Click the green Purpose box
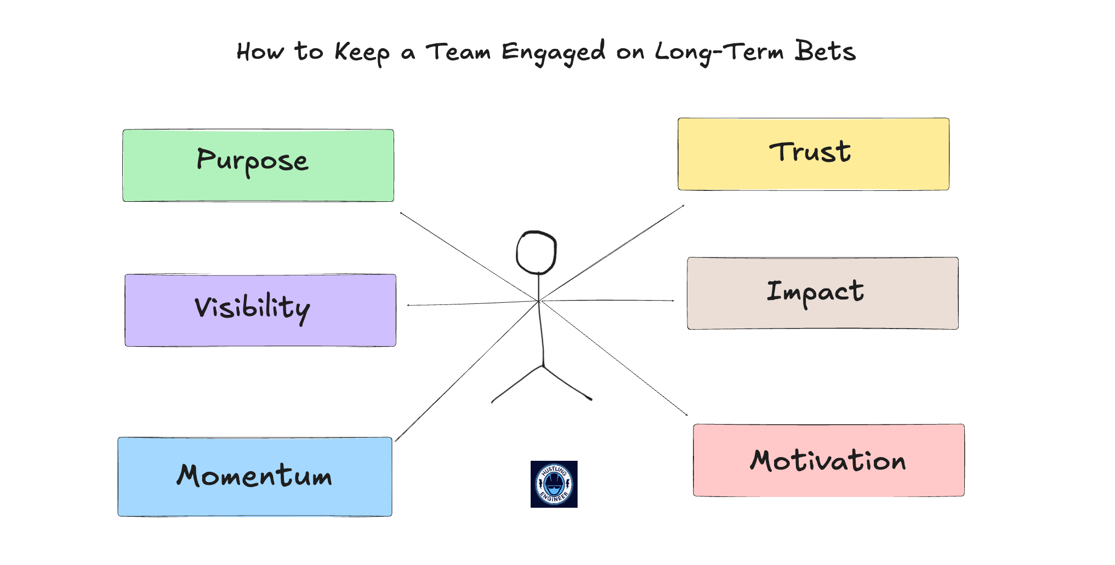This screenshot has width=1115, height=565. point(258,166)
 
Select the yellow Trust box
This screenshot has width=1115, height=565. point(814,154)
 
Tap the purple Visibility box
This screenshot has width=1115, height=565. point(260,310)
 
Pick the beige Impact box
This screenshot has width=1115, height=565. point(823,293)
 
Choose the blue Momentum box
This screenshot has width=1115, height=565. point(255,477)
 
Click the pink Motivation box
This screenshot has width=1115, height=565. point(829,460)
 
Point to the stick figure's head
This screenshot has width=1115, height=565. point(537,252)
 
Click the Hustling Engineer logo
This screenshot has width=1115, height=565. point(554,484)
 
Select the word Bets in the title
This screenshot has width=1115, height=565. point(825,52)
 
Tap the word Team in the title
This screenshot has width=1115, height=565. point(458,52)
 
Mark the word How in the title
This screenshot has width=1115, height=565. point(260,52)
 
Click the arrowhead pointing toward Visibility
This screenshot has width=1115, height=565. point(409,305)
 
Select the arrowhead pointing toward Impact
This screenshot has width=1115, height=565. point(672,301)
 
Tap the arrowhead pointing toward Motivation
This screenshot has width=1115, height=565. point(686,414)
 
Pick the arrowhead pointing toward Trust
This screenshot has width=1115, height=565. point(682,206)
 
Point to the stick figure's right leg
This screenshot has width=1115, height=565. point(568,384)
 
